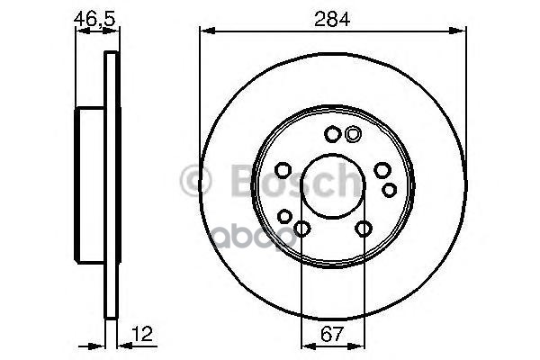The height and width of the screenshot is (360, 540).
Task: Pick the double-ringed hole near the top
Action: [352, 135]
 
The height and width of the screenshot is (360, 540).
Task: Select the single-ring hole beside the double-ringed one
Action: [332, 135]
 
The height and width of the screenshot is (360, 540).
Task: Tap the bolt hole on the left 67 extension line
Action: [301, 229]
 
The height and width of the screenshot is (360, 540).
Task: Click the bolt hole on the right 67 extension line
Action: [363, 229]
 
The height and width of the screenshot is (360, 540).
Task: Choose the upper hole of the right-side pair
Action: [382, 171]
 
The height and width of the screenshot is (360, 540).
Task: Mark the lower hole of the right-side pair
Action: [389, 189]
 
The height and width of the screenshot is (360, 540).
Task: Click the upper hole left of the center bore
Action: [282, 171]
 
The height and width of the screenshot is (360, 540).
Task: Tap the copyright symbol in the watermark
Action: [195, 181]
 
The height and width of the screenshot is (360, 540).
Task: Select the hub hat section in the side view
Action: [90, 186]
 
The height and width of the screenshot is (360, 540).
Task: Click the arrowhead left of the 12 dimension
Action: [102, 344]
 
